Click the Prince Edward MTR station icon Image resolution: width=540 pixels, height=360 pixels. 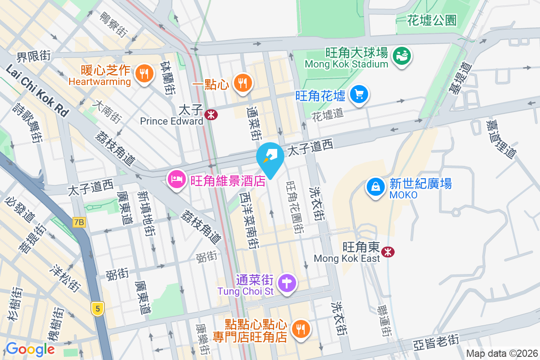click(x=210, y=115)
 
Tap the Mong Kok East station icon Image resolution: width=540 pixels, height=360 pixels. click(x=387, y=252)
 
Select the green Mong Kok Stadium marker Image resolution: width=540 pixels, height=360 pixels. click(x=400, y=56)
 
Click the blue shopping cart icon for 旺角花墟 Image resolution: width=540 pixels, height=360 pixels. click(x=359, y=94)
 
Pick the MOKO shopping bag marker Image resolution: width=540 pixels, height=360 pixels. click(x=375, y=186)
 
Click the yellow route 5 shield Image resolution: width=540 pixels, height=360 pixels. click(x=97, y=308)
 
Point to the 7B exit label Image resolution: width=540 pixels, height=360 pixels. click(x=79, y=222)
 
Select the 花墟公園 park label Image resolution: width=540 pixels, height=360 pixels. click(x=432, y=20)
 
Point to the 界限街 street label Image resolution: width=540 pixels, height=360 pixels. click(x=33, y=56)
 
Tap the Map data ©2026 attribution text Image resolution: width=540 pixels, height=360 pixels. click(x=501, y=354)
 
